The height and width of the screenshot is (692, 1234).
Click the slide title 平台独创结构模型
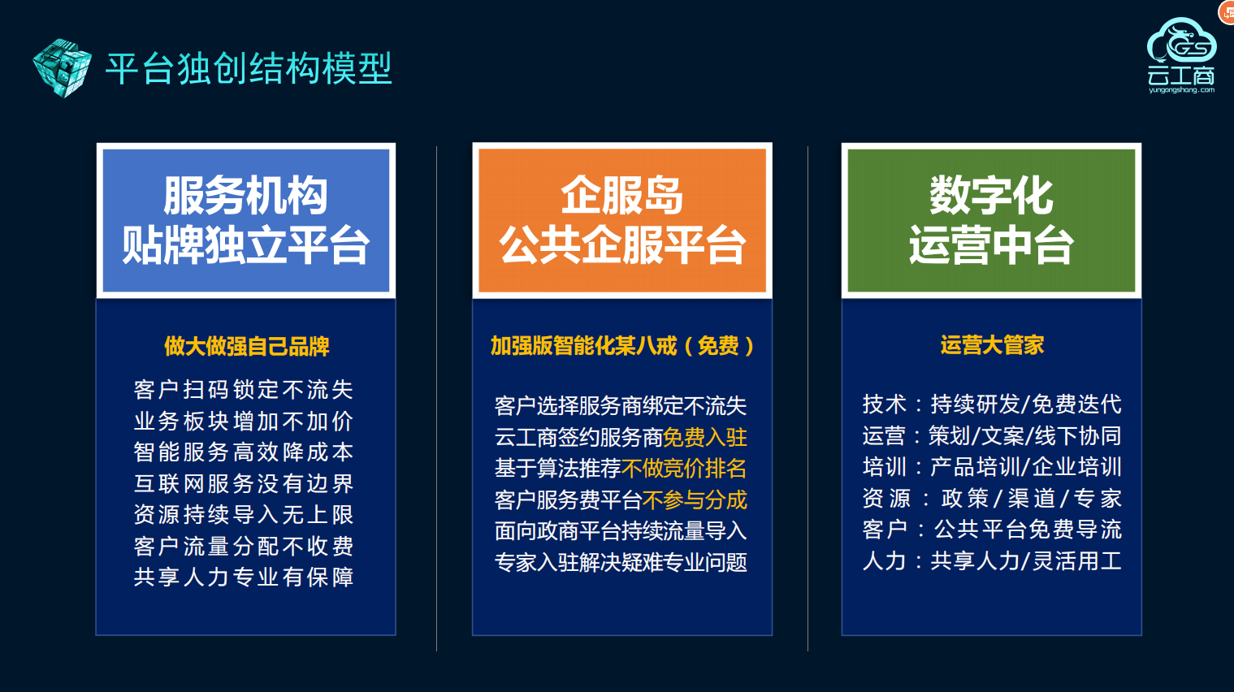coord(249,68)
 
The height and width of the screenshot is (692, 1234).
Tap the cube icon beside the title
coord(62,67)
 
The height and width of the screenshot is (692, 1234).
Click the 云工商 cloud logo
coord(1181,55)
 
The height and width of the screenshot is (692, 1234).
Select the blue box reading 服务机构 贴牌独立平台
coord(245,220)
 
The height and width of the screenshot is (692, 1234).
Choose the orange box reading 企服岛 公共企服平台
coord(622,220)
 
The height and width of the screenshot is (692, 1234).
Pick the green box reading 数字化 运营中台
coord(991,220)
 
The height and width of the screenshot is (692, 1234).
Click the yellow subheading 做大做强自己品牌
coord(246,347)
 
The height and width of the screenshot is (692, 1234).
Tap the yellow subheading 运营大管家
coord(992,345)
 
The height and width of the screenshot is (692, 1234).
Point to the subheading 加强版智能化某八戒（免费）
coord(622,346)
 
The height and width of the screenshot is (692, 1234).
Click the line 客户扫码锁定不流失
coord(244,390)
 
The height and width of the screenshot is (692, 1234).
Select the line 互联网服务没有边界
coord(244,483)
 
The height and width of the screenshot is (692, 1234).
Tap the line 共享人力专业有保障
coord(244,577)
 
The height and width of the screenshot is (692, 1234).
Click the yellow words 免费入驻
coord(705,437)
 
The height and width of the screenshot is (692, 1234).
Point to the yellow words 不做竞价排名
coord(684,469)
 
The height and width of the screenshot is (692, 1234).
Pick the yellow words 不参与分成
coord(695,500)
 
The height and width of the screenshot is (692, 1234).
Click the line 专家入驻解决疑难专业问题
coord(621,562)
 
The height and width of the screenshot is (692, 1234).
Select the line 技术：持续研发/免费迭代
coord(992,404)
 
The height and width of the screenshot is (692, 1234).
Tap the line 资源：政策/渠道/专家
coord(992,498)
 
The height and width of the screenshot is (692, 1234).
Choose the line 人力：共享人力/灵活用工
coord(992,560)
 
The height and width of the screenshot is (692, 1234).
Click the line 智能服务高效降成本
coord(244,452)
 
